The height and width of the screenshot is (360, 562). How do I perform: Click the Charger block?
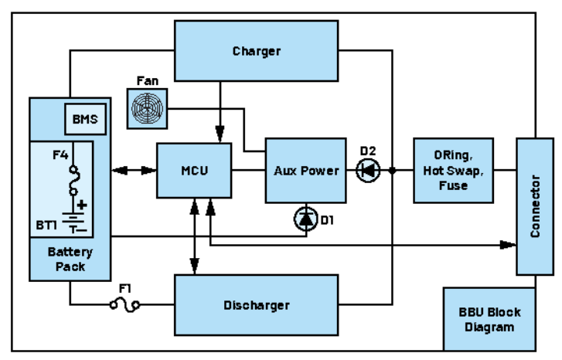coord(256,52)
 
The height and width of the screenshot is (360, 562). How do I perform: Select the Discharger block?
coord(256,305)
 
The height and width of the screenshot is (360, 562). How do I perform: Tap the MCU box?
coord(193,170)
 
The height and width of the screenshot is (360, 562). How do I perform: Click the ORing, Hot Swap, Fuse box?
coord(453,171)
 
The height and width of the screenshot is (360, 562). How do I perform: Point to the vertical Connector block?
coord(535,205)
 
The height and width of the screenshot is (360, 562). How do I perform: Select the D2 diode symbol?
coord(368,170)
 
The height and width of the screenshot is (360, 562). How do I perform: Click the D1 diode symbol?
coord(306,220)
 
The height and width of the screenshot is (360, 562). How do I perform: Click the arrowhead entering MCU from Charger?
coord(222,138)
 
